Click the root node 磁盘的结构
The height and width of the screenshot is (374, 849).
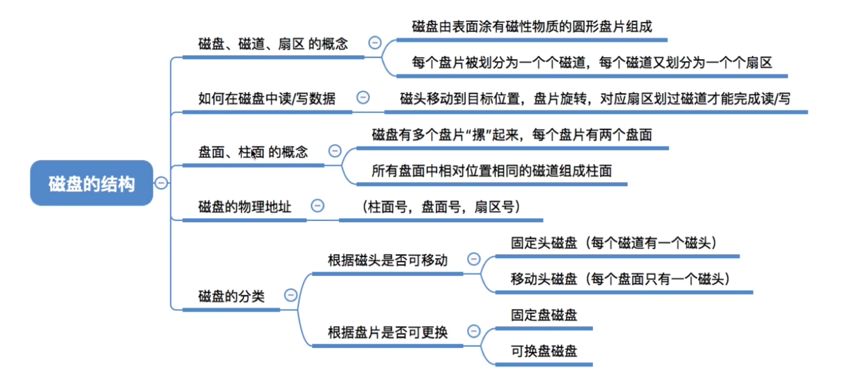[x=91, y=183]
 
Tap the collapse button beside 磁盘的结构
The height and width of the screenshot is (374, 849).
[x=161, y=183]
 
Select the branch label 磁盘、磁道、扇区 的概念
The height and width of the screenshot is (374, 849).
[x=273, y=43]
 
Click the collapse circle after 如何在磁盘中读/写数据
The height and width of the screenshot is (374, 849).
[x=363, y=97]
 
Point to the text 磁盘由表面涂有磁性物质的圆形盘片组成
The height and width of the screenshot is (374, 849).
[x=532, y=27]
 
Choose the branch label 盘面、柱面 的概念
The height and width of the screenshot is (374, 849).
[x=253, y=152]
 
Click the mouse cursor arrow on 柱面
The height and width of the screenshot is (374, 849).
[x=253, y=155]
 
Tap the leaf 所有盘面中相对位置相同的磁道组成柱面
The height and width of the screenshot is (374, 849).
[x=491, y=171]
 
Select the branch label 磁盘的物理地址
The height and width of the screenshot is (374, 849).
[x=244, y=207]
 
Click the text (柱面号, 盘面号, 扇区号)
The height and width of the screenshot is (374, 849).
[x=441, y=207]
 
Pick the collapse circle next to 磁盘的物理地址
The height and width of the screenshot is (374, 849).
[x=317, y=206]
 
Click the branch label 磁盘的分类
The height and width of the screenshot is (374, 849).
[x=231, y=296]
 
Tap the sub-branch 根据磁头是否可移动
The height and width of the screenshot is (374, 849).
[x=387, y=260]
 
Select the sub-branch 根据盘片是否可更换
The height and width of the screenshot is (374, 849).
[x=387, y=333]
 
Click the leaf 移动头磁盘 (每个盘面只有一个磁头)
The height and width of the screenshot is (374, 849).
[x=620, y=279]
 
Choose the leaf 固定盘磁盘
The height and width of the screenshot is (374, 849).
[x=544, y=315]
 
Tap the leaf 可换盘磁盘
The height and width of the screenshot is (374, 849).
[x=544, y=351]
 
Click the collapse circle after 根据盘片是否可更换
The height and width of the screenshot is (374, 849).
[x=474, y=331]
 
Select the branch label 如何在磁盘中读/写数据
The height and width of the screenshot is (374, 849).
[x=266, y=99]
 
